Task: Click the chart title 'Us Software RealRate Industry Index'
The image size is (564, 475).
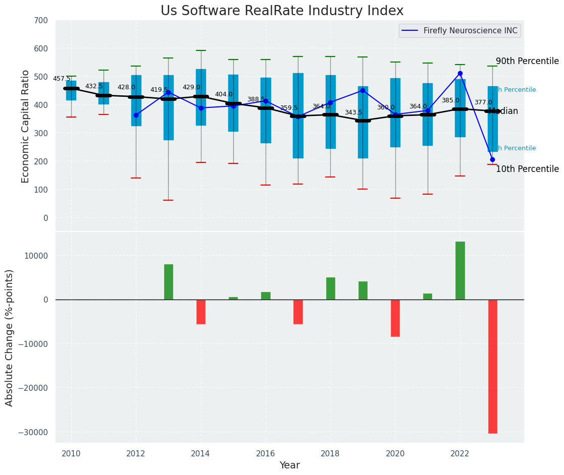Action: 282,11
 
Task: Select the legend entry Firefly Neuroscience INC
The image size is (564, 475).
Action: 470,31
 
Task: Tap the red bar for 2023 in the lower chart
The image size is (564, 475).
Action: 492,366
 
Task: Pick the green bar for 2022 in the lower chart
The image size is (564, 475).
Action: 460,271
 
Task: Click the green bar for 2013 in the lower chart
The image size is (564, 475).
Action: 168,282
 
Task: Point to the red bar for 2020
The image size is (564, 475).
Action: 395,318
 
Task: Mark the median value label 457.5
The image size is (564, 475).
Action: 62,79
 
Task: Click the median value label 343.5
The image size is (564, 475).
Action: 353,112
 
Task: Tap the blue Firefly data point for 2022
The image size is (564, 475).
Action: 460,74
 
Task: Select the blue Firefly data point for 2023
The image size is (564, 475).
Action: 492,159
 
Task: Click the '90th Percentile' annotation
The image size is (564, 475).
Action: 527,62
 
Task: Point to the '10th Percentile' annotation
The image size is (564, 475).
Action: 527,169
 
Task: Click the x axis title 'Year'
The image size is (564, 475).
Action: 289,465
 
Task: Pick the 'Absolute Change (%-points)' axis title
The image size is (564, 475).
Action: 10,337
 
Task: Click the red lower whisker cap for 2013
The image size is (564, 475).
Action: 168,200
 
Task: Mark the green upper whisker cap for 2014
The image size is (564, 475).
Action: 200,50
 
